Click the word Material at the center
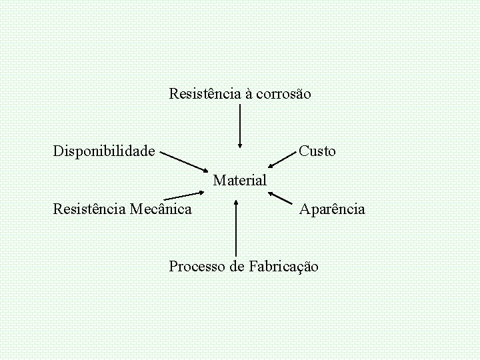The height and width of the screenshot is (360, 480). tap(240, 180)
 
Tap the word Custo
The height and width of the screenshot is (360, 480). tap(317, 151)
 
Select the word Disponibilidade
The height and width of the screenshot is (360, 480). tap(104, 151)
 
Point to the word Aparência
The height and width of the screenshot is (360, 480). tap(332, 209)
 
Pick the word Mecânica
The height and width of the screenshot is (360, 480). tap(161, 209)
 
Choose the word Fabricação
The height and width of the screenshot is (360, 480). tap(283, 267)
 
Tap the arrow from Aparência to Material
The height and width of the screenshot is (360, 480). tap(281, 198)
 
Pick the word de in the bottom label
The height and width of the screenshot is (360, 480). tap(237, 267)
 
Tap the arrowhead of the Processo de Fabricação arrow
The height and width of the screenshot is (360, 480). tap(236, 204)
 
